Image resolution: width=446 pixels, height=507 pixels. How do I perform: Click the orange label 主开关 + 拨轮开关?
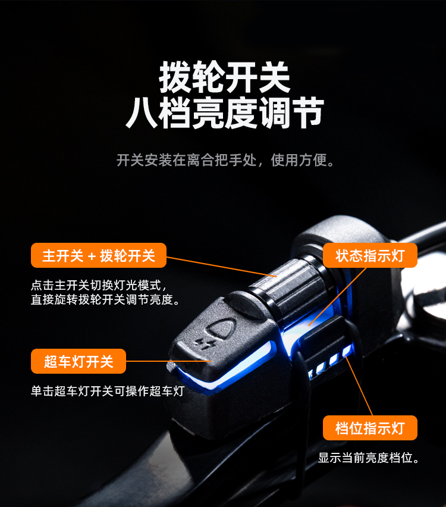click(x=99, y=255)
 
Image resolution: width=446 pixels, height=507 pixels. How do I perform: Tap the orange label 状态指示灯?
click(x=370, y=255)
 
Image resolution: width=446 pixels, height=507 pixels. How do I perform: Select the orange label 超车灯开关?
click(x=78, y=361)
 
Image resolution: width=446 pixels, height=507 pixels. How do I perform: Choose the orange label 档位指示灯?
click(x=370, y=428)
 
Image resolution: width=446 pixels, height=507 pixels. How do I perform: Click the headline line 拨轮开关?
click(x=225, y=77)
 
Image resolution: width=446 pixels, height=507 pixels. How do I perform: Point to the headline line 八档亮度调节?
click(x=225, y=113)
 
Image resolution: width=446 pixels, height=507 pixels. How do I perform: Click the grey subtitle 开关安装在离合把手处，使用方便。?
click(x=225, y=160)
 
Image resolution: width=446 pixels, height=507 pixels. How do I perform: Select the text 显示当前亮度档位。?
click(x=369, y=458)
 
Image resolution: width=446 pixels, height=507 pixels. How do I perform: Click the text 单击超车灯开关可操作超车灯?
click(x=108, y=391)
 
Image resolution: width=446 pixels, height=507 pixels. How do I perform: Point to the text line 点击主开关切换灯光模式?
click(x=99, y=285)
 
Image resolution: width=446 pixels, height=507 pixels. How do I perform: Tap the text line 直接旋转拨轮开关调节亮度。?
click(x=105, y=299)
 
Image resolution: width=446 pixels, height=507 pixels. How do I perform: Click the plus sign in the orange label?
click(x=92, y=256)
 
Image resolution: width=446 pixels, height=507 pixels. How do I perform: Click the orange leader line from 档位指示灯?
click(x=358, y=386)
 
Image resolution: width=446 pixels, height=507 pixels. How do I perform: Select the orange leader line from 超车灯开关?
click(x=168, y=361)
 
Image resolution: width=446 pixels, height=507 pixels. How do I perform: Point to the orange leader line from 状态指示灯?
click(x=338, y=296)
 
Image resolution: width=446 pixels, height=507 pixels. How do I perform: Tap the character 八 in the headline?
click(x=142, y=113)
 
